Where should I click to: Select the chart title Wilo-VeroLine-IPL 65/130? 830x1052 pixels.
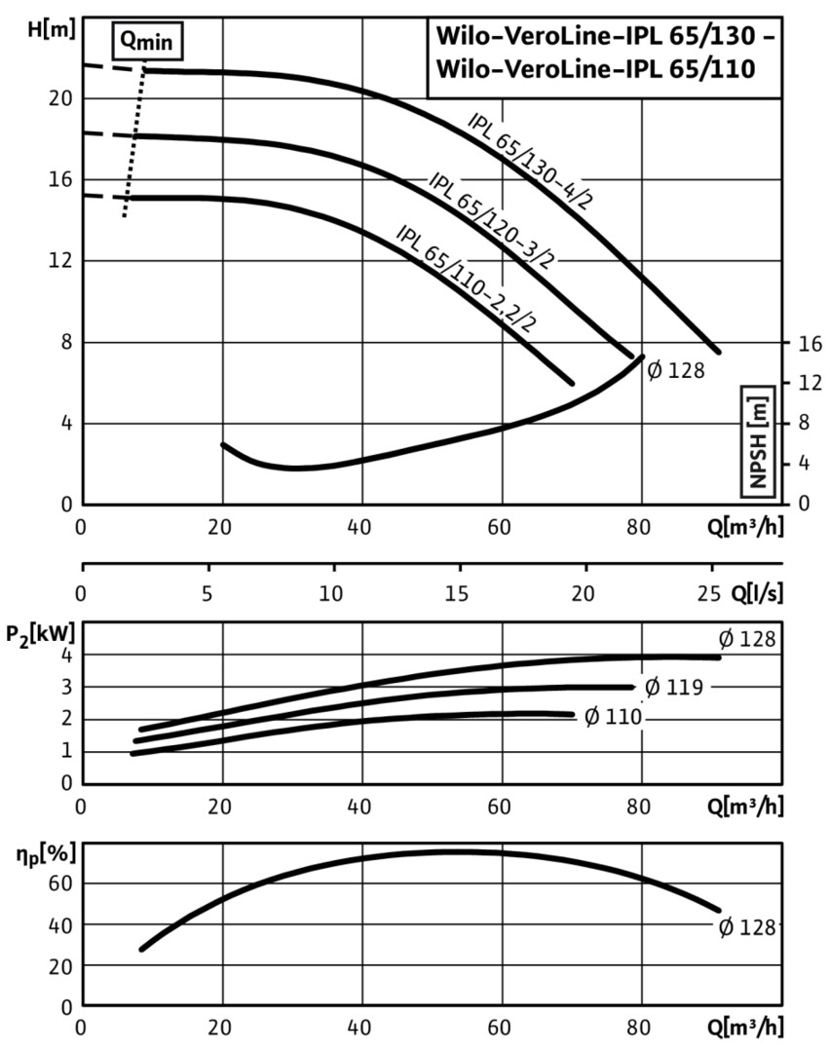pyautogui.click(x=604, y=43)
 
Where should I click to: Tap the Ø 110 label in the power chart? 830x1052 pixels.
pyautogui.click(x=613, y=719)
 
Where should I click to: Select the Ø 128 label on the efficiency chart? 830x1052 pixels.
pyautogui.click(x=747, y=927)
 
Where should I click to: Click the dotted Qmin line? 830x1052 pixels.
pyautogui.click(x=135, y=136)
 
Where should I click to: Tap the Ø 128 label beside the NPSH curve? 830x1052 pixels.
pyautogui.click(x=674, y=371)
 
